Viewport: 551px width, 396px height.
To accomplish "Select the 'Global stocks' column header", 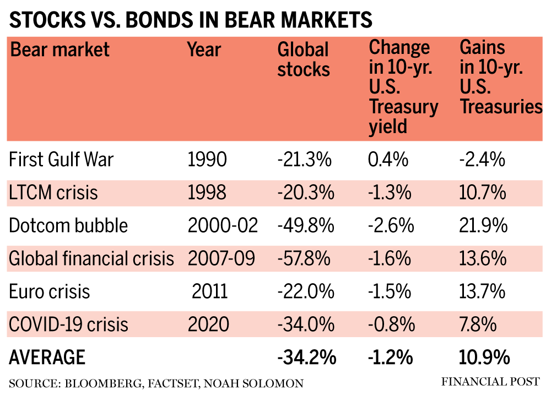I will [x=304, y=59].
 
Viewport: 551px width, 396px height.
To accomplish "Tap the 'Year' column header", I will [x=204, y=50].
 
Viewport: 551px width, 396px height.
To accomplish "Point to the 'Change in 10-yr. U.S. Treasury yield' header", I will [x=403, y=87].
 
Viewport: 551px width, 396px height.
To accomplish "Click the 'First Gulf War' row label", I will [x=61, y=159].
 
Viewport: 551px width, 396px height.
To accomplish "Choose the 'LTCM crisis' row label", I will [x=53, y=193].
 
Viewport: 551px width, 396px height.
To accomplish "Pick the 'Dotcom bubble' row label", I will [x=68, y=226].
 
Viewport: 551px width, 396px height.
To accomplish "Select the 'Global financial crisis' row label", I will [x=91, y=258].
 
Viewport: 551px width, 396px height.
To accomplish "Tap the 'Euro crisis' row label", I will [x=49, y=291].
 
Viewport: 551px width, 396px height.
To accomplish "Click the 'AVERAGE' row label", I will [x=47, y=357].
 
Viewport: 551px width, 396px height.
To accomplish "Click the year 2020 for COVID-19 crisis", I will [x=208, y=324].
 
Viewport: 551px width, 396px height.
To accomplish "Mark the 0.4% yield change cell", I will [x=388, y=159].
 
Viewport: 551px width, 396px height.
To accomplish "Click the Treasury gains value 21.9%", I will [x=483, y=226].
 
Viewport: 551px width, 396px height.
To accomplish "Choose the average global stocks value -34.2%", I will [x=306, y=357].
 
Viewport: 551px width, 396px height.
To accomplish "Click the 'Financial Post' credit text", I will [x=490, y=381].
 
